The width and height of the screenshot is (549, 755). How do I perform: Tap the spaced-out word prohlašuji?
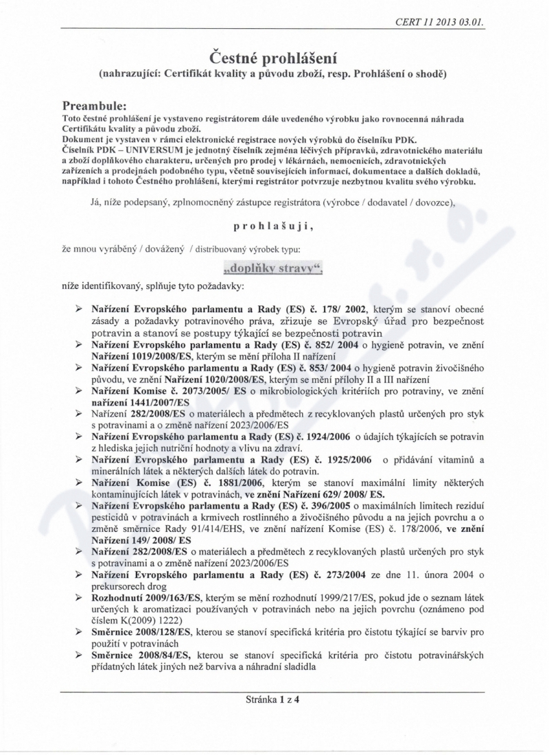pos(274,224)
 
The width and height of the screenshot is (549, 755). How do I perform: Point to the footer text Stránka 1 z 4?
pos(274,701)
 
